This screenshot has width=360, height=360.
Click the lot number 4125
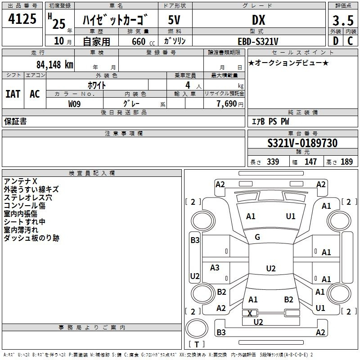[x=22, y=19]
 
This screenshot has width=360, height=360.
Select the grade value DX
[x=258, y=20]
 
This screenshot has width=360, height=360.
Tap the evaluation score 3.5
[x=343, y=20]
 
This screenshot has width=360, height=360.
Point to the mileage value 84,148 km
[x=54, y=65]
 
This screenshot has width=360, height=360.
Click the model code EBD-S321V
[x=258, y=41]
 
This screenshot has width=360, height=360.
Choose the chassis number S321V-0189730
[x=302, y=143]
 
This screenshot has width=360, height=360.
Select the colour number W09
[x=74, y=104]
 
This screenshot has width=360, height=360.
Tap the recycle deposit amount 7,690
[x=227, y=104]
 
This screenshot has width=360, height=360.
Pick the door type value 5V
[x=174, y=20]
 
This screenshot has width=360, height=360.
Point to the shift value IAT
[x=13, y=94]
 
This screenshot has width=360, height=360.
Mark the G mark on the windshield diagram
[x=257, y=237]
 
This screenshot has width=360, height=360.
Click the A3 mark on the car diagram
[x=215, y=267]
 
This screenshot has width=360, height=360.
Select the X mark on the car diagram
[x=250, y=313]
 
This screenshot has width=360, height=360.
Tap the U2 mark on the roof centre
[x=271, y=268]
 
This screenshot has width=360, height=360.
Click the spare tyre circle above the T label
[x=197, y=328]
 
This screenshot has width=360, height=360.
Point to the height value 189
[x=346, y=162]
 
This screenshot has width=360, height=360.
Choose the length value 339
[x=273, y=162]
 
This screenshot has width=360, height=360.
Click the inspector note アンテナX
[x=20, y=181]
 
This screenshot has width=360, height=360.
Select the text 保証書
[x=15, y=121]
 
